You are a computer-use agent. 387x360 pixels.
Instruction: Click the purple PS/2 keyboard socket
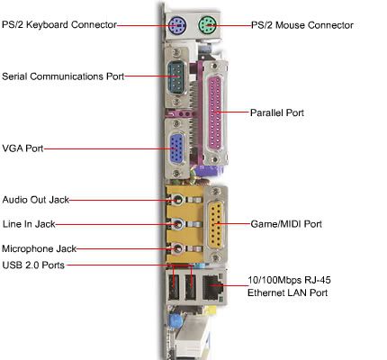pos(177,25)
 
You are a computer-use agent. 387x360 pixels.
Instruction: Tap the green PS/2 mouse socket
pos(207,25)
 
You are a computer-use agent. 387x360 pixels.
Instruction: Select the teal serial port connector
pos(176,76)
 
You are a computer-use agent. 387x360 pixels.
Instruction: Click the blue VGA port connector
pos(177,149)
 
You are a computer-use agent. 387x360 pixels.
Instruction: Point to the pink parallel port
pos(215,112)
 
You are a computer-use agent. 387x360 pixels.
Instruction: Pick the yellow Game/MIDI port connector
pos(215,224)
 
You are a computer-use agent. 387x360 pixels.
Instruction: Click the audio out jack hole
pos(178,200)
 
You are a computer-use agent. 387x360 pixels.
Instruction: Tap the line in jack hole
pos(178,224)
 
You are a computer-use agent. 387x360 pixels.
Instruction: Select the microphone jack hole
pos(178,248)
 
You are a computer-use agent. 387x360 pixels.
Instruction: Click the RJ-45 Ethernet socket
pos(213,287)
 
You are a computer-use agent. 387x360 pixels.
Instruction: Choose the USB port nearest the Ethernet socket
pos(190,287)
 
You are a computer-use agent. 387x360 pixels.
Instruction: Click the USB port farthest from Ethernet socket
pos(174,287)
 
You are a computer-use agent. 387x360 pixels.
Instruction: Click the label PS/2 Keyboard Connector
pos(59,24)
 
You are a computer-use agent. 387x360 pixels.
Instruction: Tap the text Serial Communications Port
pos(63,76)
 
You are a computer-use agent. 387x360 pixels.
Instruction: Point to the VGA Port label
pos(22,148)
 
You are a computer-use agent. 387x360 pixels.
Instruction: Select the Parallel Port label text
pos(277,112)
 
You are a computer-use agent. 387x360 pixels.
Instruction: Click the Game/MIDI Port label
pos(286,224)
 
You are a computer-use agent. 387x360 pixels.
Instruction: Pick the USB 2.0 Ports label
pos(33,265)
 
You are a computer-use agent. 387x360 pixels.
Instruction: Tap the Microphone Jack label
pos(40,248)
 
